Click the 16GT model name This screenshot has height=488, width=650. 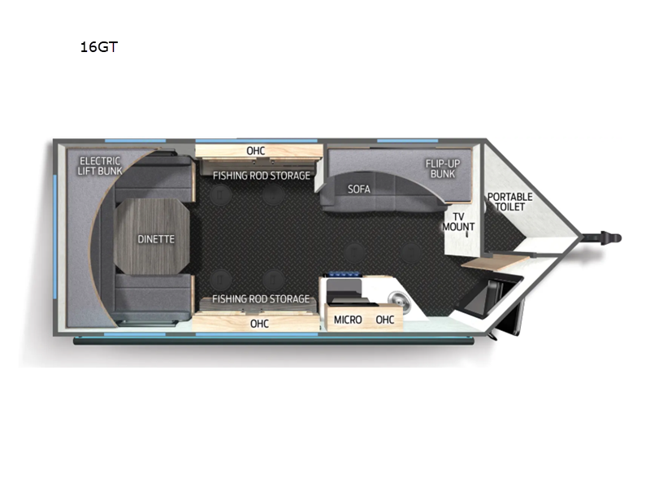(98, 47)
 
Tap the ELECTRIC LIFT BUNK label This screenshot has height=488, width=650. (100, 166)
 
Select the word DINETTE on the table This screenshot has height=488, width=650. (156, 239)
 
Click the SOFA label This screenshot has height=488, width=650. (359, 190)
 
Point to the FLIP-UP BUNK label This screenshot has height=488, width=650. (443, 168)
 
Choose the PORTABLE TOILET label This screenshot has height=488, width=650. (510, 202)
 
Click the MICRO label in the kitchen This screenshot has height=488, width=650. (348, 320)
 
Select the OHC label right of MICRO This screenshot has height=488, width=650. (384, 320)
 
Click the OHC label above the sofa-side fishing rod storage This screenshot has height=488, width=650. (256, 150)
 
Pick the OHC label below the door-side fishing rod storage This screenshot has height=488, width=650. (259, 324)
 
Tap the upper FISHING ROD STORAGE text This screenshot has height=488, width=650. (262, 176)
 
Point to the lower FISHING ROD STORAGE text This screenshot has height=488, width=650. (261, 298)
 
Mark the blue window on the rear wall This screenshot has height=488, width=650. (54, 237)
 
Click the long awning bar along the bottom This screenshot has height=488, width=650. (274, 341)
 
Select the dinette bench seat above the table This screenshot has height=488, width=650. (154, 179)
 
